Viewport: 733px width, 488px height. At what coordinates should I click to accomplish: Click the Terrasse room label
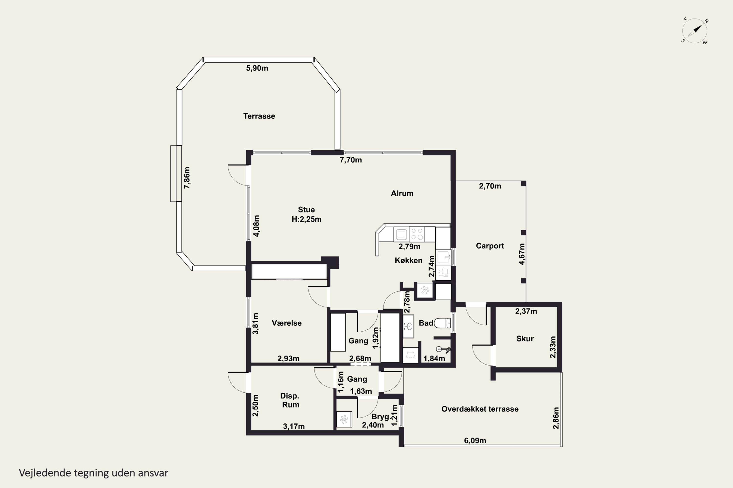click(x=259, y=116)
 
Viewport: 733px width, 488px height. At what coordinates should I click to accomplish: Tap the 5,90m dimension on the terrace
click(x=257, y=68)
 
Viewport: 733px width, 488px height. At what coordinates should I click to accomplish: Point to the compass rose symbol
click(x=695, y=31)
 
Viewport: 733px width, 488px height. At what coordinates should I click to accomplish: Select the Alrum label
click(x=402, y=193)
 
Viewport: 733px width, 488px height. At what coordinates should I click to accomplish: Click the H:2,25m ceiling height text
click(x=306, y=219)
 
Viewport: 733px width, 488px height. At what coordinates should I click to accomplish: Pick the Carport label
click(x=490, y=246)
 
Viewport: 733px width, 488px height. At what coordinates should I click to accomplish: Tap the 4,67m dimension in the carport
click(x=522, y=254)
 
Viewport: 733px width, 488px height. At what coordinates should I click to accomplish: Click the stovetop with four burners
click(x=417, y=234)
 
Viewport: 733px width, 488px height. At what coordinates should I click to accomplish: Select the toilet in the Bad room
click(x=442, y=323)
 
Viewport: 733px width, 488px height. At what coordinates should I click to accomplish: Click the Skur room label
click(x=525, y=339)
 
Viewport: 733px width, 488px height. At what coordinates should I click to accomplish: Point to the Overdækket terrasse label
click(x=480, y=409)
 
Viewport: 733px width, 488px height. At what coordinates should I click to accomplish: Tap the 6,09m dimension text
click(x=475, y=440)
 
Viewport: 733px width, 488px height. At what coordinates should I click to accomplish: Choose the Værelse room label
click(x=287, y=323)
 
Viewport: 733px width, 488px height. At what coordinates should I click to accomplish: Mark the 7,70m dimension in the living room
click(x=351, y=160)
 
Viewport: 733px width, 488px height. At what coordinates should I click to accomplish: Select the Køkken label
click(x=409, y=261)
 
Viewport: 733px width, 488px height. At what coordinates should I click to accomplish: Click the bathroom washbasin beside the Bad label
click(x=409, y=326)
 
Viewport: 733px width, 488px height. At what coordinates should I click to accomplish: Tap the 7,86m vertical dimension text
click(x=187, y=178)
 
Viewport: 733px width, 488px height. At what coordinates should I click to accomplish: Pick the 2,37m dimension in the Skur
click(x=526, y=311)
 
